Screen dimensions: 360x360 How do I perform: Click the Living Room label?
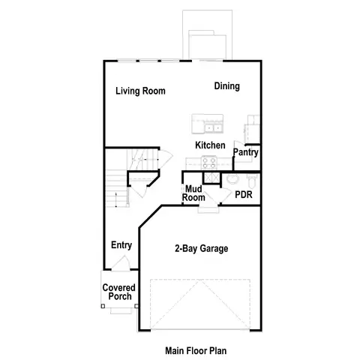pyautogui.click(x=140, y=91)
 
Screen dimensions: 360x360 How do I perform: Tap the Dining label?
pyautogui.click(x=226, y=86)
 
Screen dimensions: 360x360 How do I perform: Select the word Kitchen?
pyautogui.click(x=210, y=145)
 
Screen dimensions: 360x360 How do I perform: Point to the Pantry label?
pyautogui.click(x=246, y=152)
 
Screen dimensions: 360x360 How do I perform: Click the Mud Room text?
pyautogui.click(x=194, y=193)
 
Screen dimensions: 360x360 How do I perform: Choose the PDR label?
pyautogui.click(x=243, y=193)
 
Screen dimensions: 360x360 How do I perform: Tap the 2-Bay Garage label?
pyautogui.click(x=201, y=249)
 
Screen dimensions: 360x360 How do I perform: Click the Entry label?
pyautogui.click(x=121, y=245)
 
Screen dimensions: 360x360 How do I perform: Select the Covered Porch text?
pyautogui.click(x=118, y=292)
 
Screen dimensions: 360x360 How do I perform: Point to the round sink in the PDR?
pyautogui.click(x=232, y=180)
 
